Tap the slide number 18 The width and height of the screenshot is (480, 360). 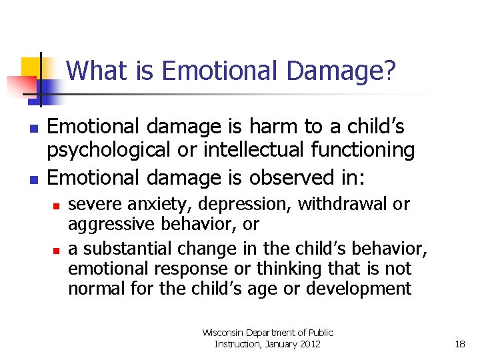(459, 344)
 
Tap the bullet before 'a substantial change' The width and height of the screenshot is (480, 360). (57, 250)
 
